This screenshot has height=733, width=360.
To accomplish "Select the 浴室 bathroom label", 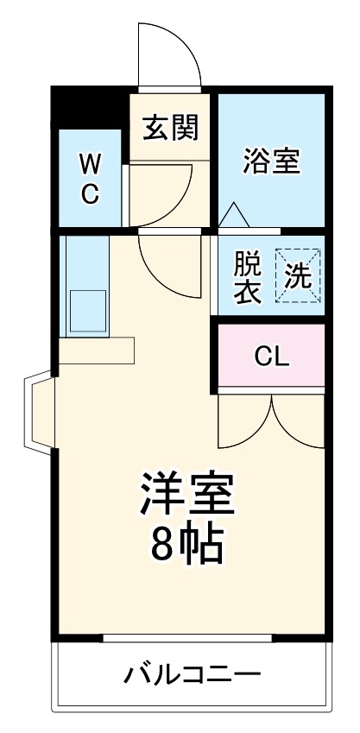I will pos(270,161).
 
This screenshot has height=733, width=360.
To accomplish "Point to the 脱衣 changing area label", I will pos(248,276).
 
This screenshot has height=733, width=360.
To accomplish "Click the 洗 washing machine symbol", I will pos(298,276).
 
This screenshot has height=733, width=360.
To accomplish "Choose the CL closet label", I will pos(271,356).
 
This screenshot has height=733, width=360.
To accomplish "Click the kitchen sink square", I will pos(87,310).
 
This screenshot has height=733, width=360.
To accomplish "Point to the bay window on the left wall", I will pos(41,413).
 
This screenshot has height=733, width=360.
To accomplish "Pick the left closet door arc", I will pos(245,423).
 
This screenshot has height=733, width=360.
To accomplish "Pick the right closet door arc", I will pos(299,423).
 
